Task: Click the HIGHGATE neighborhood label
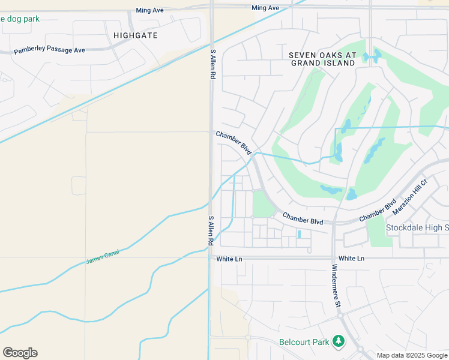point(136,35)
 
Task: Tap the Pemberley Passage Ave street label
point(49,50)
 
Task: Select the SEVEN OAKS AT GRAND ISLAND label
point(322,59)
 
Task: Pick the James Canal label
point(103,257)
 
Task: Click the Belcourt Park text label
point(304,342)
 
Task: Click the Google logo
point(20,353)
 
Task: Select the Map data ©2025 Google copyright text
point(412,355)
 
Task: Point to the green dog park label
point(20,19)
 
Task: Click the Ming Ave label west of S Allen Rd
point(150,11)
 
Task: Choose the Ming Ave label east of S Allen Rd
point(265,8)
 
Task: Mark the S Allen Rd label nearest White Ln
point(211,230)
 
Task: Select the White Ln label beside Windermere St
point(352,258)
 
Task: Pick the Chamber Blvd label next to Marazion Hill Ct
point(378,211)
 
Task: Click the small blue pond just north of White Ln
point(299,235)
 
